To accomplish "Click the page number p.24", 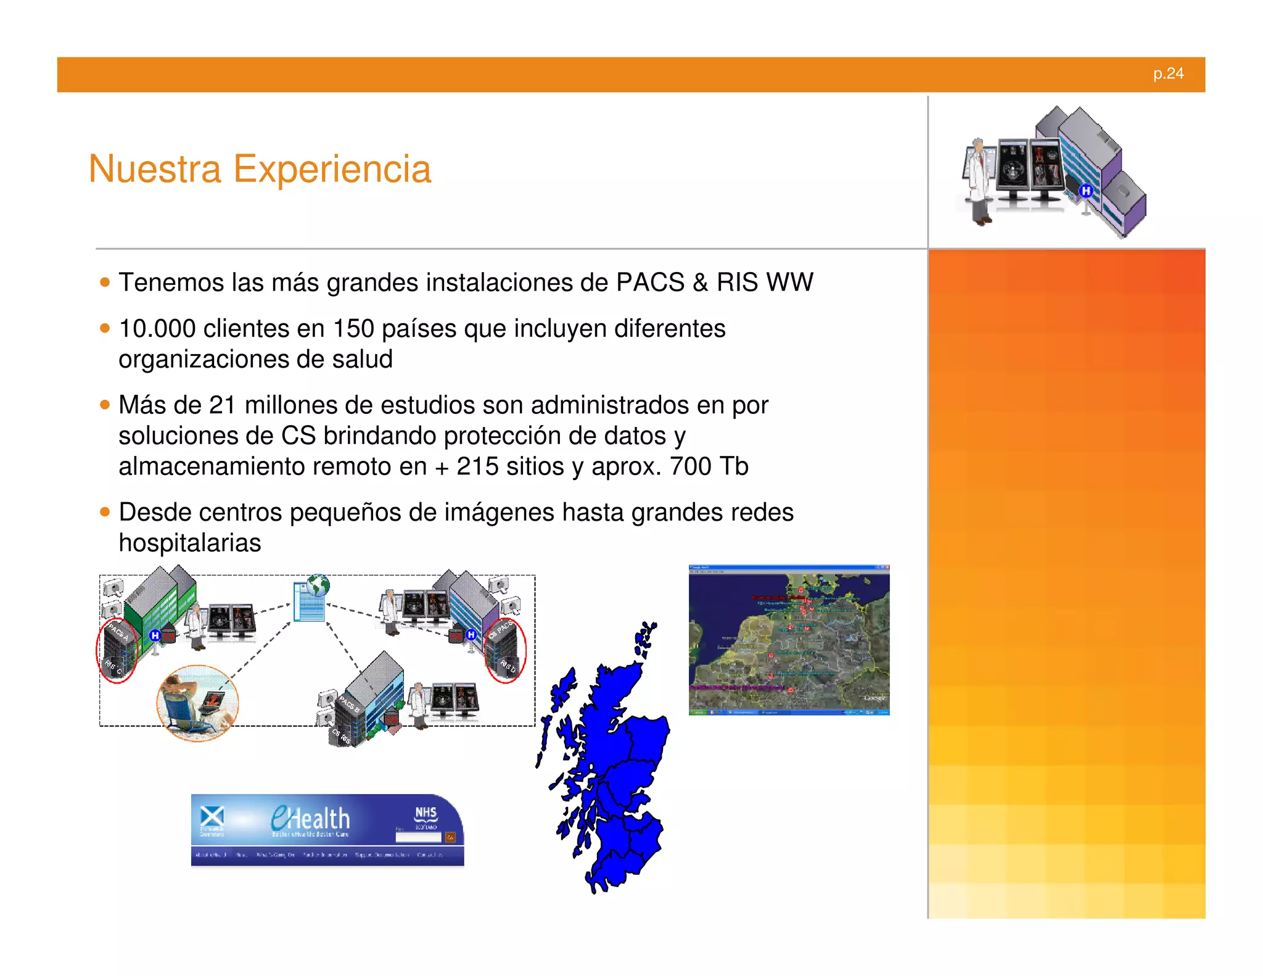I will pyautogui.click(x=1168, y=73).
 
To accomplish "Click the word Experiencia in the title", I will pyautogui.click(x=332, y=169).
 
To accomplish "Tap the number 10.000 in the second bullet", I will pyautogui.click(x=157, y=328).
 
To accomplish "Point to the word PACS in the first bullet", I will pyautogui.click(x=650, y=283).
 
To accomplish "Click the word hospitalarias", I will pyautogui.click(x=189, y=543).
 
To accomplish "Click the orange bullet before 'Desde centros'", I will pyautogui.click(x=105, y=512).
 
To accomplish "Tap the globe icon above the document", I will pyautogui.click(x=318, y=584).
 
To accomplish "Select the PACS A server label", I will pyautogui.click(x=118, y=632).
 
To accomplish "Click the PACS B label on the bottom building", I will pyautogui.click(x=348, y=703).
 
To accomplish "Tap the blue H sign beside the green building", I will pyautogui.click(x=155, y=635).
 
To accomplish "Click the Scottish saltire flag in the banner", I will pyautogui.click(x=212, y=817).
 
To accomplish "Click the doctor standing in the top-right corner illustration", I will pyautogui.click(x=978, y=179).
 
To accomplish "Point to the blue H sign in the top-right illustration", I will pyautogui.click(x=1086, y=191).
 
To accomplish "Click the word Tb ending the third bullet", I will pyautogui.click(x=733, y=466).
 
